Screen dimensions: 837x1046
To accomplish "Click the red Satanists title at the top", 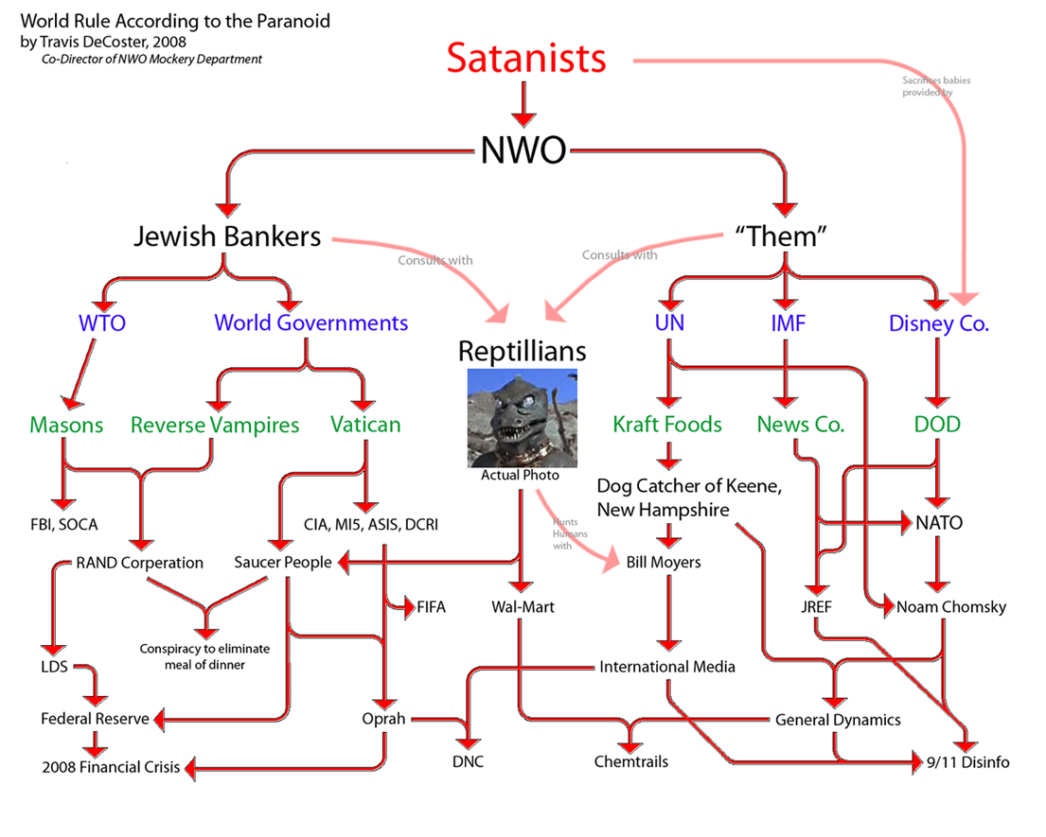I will pyautogui.click(x=525, y=59).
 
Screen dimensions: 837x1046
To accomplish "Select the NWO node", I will pyautogui.click(x=523, y=148).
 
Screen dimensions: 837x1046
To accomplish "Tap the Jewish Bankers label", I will pyautogui.click(x=226, y=236).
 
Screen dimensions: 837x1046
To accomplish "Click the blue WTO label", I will pyautogui.click(x=102, y=323).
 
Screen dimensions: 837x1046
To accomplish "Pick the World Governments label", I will pyautogui.click(x=310, y=323).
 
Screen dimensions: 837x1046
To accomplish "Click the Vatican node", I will pyautogui.click(x=365, y=425).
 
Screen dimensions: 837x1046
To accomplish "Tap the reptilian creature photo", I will pyautogui.click(x=523, y=416).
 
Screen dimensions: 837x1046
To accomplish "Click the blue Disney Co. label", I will pyautogui.click(x=938, y=323).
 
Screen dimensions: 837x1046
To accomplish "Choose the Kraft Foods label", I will pyautogui.click(x=667, y=425).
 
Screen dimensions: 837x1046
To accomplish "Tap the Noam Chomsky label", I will pyautogui.click(x=951, y=607).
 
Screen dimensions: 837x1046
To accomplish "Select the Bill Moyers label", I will pyautogui.click(x=664, y=563).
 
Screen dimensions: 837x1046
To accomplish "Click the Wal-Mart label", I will pyautogui.click(x=523, y=607).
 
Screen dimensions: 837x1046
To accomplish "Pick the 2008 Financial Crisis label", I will pyautogui.click(x=111, y=767).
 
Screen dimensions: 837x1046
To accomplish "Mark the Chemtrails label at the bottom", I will pyautogui.click(x=629, y=761).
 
